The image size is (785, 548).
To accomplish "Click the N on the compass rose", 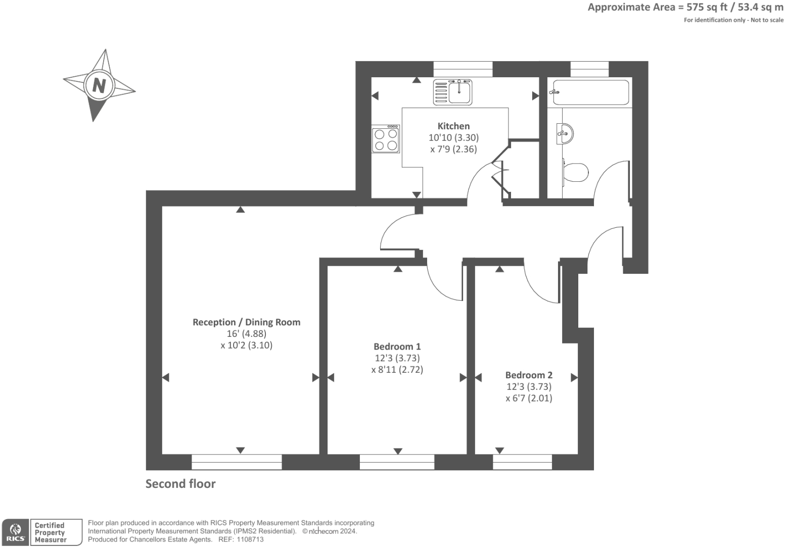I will click(x=99, y=85).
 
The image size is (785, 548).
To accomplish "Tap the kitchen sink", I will click(x=452, y=92).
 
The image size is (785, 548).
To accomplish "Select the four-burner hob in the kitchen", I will click(x=386, y=139).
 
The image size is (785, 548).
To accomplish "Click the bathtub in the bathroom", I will click(x=590, y=92).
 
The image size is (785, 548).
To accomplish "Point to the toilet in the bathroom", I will click(x=575, y=172).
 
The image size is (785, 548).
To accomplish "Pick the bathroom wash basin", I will click(x=565, y=133).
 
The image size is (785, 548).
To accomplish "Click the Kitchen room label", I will click(x=453, y=126).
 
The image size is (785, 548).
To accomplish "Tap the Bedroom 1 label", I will click(x=397, y=346).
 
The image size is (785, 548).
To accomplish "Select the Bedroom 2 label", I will click(x=529, y=375).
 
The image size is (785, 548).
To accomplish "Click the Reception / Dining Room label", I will click(x=246, y=322).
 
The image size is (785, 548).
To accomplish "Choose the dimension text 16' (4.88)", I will click(x=246, y=334).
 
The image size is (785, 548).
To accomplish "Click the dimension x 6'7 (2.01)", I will click(x=529, y=398).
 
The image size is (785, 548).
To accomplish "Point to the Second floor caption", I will click(x=180, y=484).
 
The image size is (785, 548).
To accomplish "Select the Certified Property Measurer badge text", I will click(x=51, y=532).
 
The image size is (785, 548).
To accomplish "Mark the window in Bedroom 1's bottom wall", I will click(x=397, y=462).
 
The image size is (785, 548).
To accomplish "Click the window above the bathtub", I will click(x=589, y=69).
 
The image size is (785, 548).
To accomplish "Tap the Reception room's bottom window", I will click(x=237, y=462).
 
